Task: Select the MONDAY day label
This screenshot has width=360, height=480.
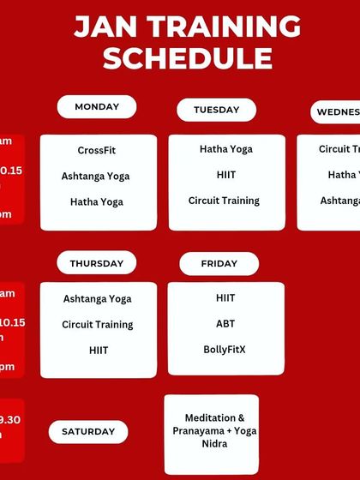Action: [97, 107]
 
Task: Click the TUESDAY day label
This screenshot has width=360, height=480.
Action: [216, 110]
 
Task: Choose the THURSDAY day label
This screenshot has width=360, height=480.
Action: [97, 263]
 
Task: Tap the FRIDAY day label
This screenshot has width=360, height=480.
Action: [219, 263]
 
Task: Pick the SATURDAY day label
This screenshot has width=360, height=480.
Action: [88, 431]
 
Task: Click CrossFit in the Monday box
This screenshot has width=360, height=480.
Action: [97, 150]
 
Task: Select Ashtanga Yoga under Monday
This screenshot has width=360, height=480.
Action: [97, 176]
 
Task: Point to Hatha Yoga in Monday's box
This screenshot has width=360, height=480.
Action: [97, 201]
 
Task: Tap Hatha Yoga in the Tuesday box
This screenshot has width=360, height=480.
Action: [225, 149]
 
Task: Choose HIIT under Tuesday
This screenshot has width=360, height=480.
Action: [225, 175]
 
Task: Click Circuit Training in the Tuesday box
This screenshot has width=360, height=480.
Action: [224, 201]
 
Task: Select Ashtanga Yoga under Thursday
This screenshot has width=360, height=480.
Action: [97, 299]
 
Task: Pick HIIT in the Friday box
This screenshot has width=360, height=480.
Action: [225, 298]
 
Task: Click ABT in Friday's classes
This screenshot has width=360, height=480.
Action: [225, 324]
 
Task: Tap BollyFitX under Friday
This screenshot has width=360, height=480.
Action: [225, 350]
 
